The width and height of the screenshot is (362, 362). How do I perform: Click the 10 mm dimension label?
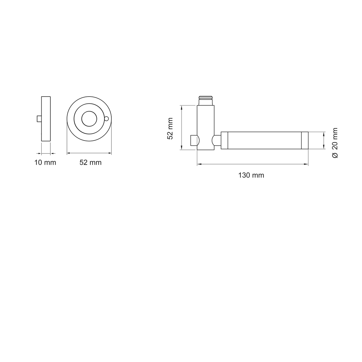tap(45, 163)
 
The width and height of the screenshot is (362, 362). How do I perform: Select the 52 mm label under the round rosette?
tap(91, 163)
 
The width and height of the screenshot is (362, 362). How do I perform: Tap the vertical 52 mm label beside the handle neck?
tap(170, 129)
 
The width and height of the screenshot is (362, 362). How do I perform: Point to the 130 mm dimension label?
tap(251, 175)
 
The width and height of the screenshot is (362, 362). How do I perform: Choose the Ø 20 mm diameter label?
tap(335, 143)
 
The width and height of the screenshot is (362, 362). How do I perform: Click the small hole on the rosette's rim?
tap(106, 119)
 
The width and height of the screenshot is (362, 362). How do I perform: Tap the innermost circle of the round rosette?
tap(89, 119)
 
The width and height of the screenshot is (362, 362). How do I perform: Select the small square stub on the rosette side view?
tap(39, 119)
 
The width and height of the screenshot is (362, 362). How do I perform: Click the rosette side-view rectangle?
tap(46, 119)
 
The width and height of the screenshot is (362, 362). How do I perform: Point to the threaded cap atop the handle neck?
tap(206, 100)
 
